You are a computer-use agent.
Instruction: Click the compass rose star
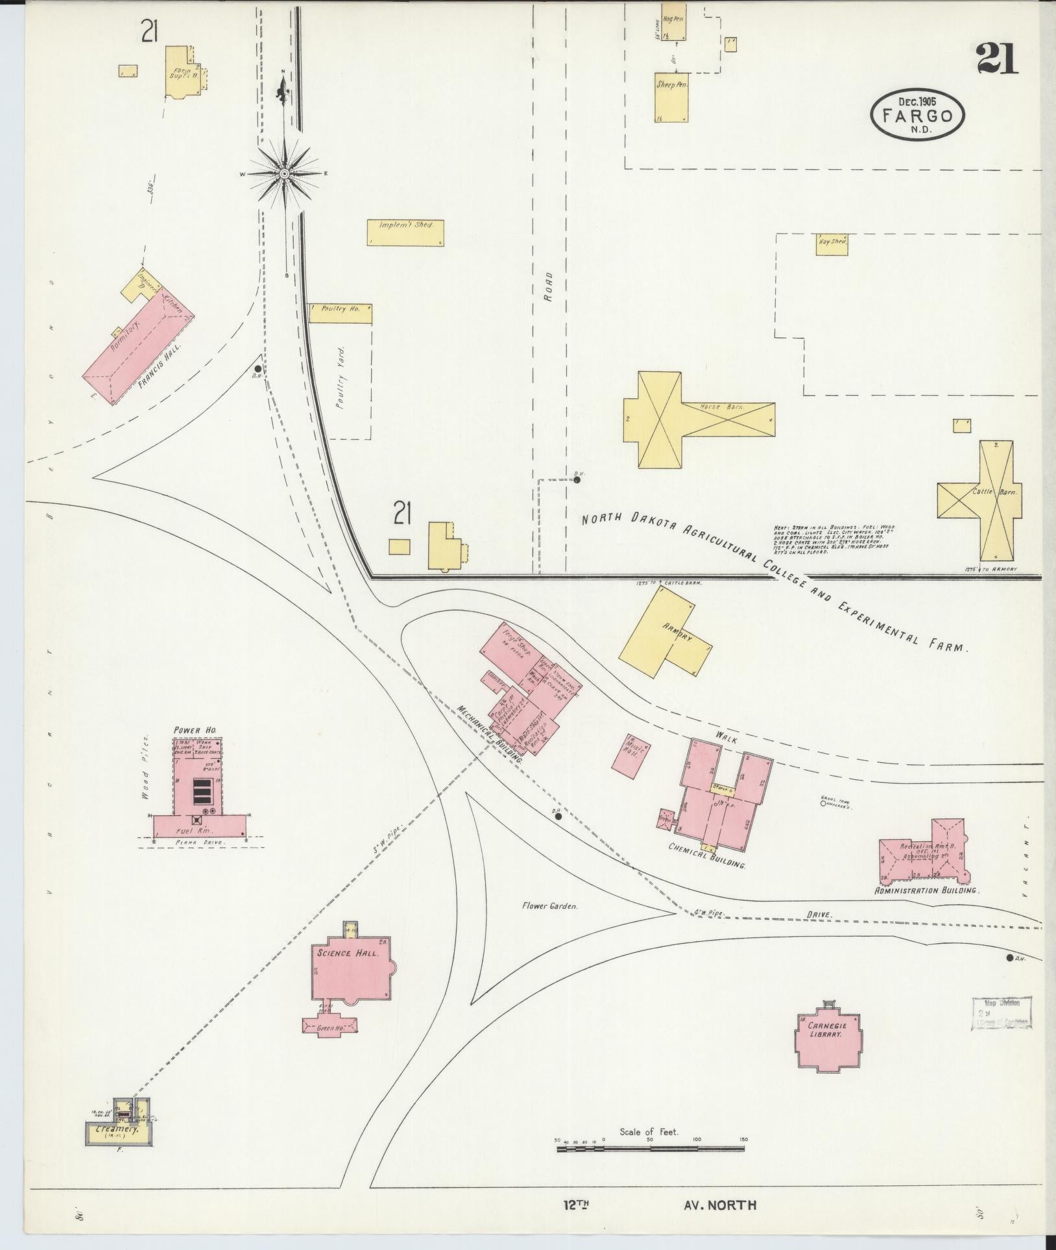284,174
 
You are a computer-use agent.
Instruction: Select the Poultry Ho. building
341,313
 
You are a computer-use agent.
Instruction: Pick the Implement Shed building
405,232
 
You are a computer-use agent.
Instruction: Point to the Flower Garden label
549,906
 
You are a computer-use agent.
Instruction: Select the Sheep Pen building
671,97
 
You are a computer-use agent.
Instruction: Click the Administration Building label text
926,891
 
